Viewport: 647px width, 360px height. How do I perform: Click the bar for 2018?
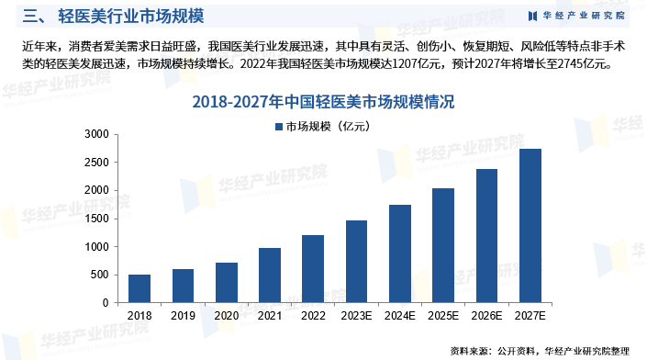[x=139, y=288]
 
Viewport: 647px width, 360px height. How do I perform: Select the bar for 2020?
[x=227, y=283]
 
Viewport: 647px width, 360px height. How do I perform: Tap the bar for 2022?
[x=313, y=269]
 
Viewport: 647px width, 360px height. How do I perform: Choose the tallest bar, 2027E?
[x=530, y=226]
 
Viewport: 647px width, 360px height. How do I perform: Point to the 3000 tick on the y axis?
[x=96, y=134]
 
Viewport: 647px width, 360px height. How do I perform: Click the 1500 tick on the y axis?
[x=96, y=219]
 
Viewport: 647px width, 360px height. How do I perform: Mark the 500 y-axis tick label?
[x=99, y=275]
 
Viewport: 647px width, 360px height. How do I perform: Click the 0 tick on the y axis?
[x=105, y=303]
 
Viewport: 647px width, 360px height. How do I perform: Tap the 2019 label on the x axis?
[x=183, y=315]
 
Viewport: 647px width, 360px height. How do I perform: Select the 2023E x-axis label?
[x=357, y=315]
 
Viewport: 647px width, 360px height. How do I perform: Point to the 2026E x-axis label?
[x=487, y=315]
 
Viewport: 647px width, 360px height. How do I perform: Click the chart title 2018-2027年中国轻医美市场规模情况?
[x=323, y=102]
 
